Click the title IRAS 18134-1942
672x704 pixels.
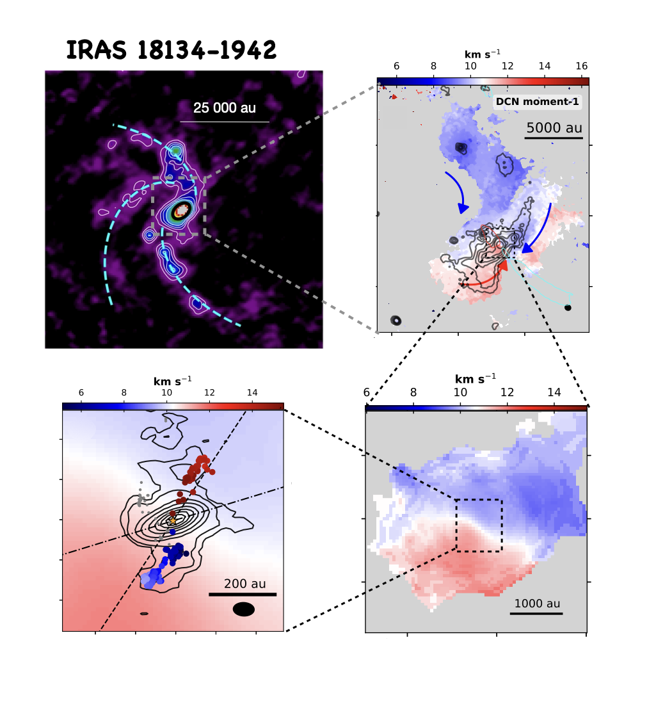172,50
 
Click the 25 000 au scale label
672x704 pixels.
225,108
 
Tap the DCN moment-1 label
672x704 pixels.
538,101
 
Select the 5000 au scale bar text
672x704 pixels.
554,127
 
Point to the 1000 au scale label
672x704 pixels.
537,604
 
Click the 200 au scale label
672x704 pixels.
244,584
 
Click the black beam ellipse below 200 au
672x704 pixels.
244,609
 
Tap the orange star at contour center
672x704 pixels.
172,521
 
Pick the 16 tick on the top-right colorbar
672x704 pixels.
581,66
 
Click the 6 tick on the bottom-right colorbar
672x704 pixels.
367,392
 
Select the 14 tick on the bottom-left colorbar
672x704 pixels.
252,392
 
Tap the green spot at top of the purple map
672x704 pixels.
176,151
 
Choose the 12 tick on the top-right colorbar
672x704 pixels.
508,66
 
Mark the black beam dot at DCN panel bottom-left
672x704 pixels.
396,320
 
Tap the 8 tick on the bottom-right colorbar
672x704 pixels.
413,392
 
